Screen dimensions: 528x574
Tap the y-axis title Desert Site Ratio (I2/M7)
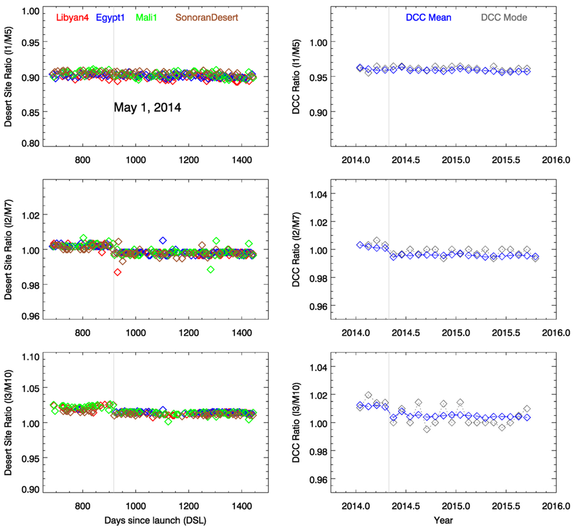[10, 249]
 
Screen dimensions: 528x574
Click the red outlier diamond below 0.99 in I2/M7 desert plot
[117, 272]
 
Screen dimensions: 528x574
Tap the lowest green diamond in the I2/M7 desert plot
[211, 270]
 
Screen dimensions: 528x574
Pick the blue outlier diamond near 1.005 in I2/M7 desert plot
[163, 240]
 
